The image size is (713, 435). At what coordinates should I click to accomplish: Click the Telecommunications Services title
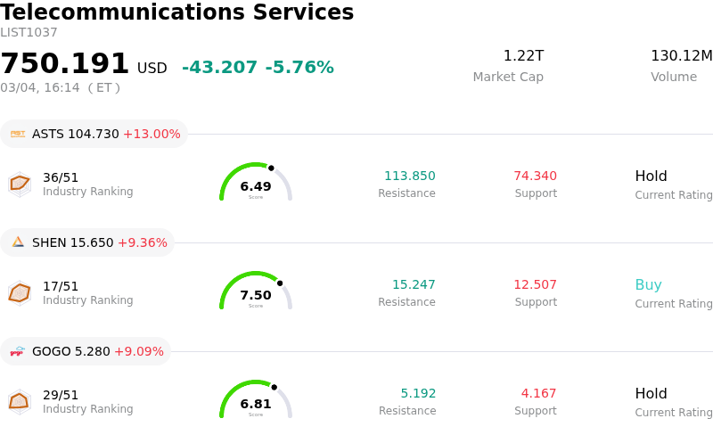tap(176, 13)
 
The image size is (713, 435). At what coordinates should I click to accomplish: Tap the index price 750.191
tap(65, 64)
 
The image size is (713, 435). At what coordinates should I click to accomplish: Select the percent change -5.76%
tap(299, 68)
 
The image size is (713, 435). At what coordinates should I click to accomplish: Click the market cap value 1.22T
tap(523, 56)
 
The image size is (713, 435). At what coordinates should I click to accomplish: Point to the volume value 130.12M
tap(681, 56)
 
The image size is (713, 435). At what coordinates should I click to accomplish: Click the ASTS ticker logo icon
tap(18, 134)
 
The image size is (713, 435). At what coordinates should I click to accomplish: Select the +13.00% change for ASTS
tap(152, 134)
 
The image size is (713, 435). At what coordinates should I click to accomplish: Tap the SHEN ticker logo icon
tap(18, 242)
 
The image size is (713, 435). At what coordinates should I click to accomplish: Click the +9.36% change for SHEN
tap(143, 242)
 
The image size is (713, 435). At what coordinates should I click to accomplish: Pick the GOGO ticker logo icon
tap(18, 351)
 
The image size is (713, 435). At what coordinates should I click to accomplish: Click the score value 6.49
tap(256, 186)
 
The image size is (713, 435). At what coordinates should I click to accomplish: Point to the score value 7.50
tap(256, 295)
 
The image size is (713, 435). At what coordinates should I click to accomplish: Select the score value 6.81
tap(256, 404)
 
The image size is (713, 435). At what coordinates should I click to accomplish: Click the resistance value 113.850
tap(409, 176)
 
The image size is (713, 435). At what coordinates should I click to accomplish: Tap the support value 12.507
tap(535, 285)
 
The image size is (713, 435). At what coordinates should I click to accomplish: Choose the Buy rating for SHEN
tap(648, 285)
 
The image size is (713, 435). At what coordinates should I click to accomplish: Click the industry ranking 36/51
tap(61, 177)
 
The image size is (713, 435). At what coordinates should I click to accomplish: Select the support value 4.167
tap(538, 394)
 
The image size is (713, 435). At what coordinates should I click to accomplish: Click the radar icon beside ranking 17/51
tap(19, 292)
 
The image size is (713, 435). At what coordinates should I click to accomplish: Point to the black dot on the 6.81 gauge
tap(274, 387)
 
